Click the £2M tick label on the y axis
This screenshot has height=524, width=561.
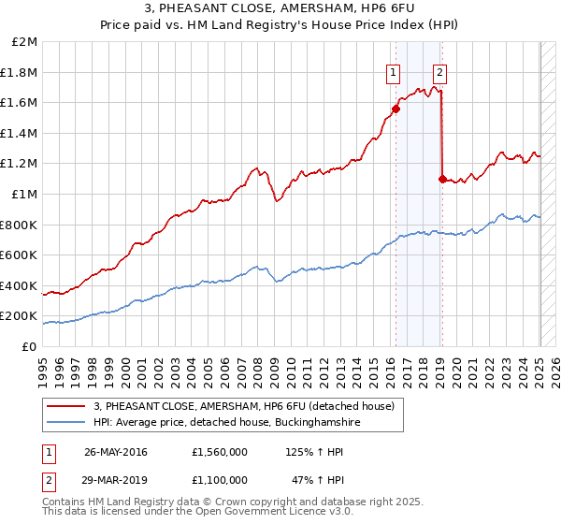[24, 42]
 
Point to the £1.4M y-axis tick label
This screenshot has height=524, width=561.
[20, 134]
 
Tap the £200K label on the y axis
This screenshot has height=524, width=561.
[19, 316]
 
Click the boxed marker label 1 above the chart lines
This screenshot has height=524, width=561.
[393, 72]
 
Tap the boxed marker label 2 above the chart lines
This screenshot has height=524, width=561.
[439, 72]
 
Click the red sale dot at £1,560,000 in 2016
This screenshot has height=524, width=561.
[396, 109]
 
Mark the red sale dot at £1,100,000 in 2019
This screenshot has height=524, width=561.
[442, 179]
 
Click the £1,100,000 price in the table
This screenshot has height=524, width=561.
[219, 480]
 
